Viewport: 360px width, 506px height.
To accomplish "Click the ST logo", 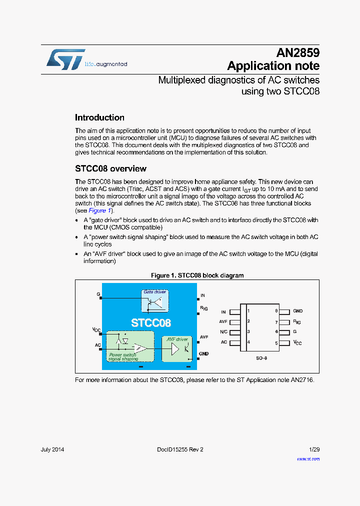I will (x=65, y=59).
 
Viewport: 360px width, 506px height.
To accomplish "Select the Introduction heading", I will (x=99, y=117).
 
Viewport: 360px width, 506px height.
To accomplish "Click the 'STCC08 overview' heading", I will (x=110, y=168).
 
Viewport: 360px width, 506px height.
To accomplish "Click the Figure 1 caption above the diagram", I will (x=197, y=275).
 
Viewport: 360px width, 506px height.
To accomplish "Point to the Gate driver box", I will (x=154, y=301).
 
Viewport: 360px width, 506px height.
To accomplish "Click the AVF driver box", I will (x=177, y=348).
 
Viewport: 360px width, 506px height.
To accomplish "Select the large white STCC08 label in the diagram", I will (x=151, y=323).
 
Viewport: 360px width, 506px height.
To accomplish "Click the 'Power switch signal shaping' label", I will (x=122, y=357).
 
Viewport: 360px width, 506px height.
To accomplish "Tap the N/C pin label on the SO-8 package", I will (x=223, y=332).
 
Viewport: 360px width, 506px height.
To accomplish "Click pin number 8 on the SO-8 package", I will (x=276, y=311).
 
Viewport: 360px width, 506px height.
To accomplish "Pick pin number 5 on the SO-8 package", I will (x=276, y=343).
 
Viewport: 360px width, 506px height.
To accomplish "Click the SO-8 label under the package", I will (x=262, y=358).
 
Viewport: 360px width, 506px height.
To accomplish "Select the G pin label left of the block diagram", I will (x=98, y=294).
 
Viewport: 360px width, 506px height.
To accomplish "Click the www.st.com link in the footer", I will (x=308, y=459).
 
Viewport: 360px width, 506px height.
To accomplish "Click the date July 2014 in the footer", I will (x=52, y=449).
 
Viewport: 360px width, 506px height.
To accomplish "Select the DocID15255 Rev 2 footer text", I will (x=176, y=449).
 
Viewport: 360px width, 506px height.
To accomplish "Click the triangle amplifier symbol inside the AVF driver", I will (x=175, y=349).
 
